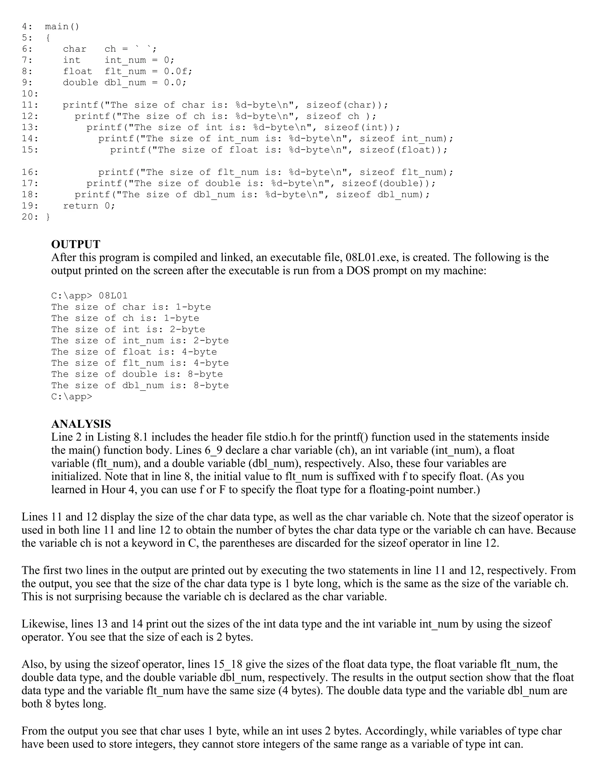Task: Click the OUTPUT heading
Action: coord(76,245)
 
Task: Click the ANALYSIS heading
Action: coord(81,424)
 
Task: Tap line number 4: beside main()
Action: coord(27,27)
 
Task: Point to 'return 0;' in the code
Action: coord(89,206)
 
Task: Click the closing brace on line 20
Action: coord(48,217)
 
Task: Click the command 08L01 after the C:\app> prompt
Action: coord(113,296)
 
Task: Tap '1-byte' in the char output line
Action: coord(193,307)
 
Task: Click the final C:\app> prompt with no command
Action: coord(72,397)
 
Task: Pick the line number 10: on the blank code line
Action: coord(30,94)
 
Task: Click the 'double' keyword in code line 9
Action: coord(80,82)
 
